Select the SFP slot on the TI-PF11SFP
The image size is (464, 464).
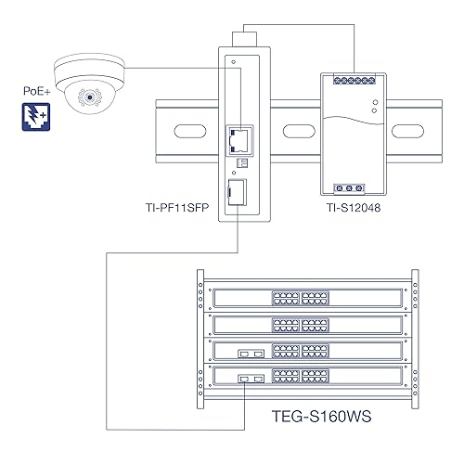point(238,191)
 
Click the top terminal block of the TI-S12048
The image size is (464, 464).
point(350,83)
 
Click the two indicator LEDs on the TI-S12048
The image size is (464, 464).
point(371,106)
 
